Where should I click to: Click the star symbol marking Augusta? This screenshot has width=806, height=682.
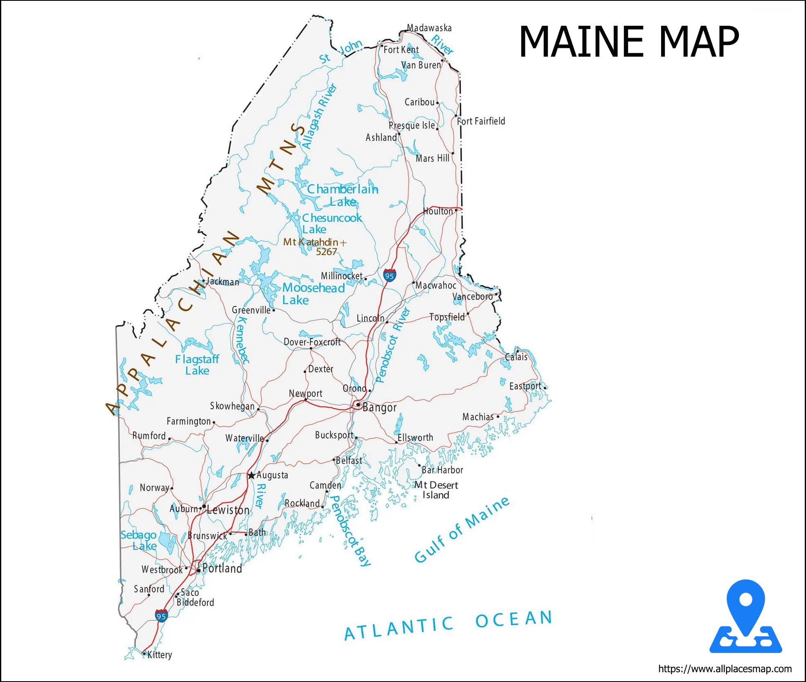click(x=251, y=475)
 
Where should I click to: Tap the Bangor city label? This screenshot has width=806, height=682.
click(x=379, y=407)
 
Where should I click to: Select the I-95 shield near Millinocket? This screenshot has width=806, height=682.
click(x=389, y=276)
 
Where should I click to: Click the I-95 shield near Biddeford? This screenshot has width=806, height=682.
click(x=161, y=616)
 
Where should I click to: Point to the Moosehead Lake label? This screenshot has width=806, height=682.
click(x=313, y=294)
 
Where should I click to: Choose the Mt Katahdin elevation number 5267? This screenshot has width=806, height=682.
click(x=326, y=252)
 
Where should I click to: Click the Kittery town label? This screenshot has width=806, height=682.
click(x=160, y=655)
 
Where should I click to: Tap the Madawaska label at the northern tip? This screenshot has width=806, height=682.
click(x=429, y=28)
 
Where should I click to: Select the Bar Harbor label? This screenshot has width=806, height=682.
click(x=442, y=470)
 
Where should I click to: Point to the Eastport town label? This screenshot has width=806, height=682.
click(x=525, y=386)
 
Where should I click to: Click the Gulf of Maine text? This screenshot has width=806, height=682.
click(x=462, y=530)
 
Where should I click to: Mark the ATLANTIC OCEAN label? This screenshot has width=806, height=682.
click(x=448, y=624)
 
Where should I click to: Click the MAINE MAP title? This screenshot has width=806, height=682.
click(x=629, y=42)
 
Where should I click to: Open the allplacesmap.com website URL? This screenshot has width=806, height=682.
click(x=725, y=669)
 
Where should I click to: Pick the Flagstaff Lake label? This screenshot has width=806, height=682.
click(x=197, y=365)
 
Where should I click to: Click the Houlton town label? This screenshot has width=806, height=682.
click(x=438, y=211)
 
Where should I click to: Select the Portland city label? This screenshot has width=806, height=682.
click(x=222, y=568)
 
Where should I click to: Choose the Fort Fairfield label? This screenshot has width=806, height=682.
click(x=481, y=121)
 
